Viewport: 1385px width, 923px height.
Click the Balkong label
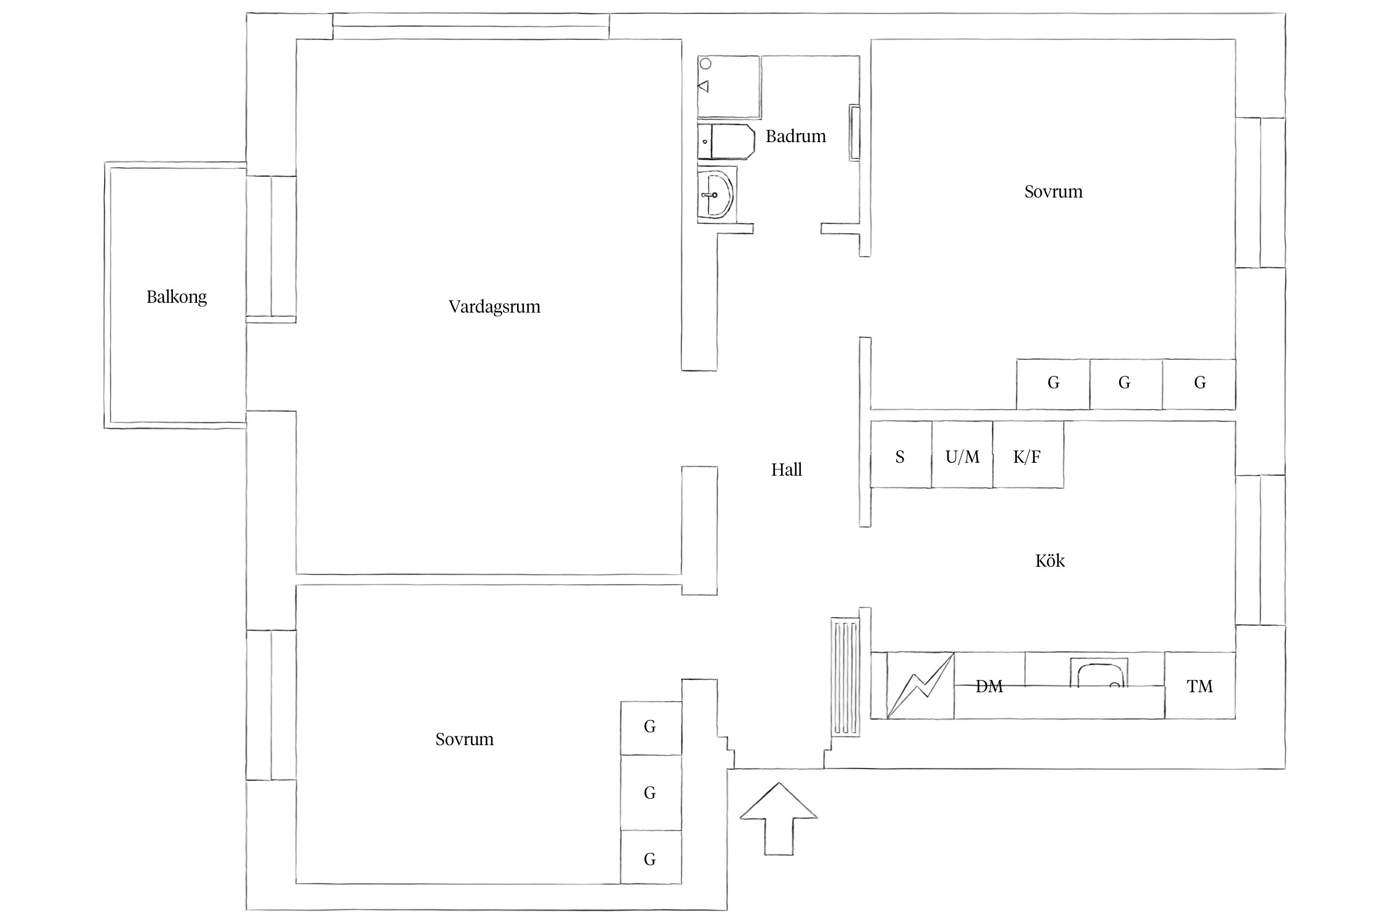[x=177, y=297]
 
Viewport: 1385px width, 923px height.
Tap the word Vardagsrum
[x=494, y=306]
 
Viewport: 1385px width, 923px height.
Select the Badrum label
[x=796, y=136]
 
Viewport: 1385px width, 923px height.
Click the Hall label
[x=787, y=470]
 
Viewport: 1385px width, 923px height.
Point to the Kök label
[x=1050, y=561]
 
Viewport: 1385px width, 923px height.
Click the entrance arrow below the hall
[x=779, y=818]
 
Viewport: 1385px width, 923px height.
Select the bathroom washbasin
[x=717, y=194]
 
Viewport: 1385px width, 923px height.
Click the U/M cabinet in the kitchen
[x=962, y=455]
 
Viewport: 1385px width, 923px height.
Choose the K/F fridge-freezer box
[x=1028, y=455]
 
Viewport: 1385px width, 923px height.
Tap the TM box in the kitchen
[x=1200, y=685]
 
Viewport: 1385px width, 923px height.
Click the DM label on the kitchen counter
[x=989, y=686]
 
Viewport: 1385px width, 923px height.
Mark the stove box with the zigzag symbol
[x=921, y=685]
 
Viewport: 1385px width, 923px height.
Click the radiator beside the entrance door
[x=845, y=677]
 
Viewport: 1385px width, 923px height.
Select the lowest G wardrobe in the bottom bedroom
[x=651, y=857]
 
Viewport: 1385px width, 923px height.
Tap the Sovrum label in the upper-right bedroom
[x=1053, y=192]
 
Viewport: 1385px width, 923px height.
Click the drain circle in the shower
[x=706, y=64]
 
